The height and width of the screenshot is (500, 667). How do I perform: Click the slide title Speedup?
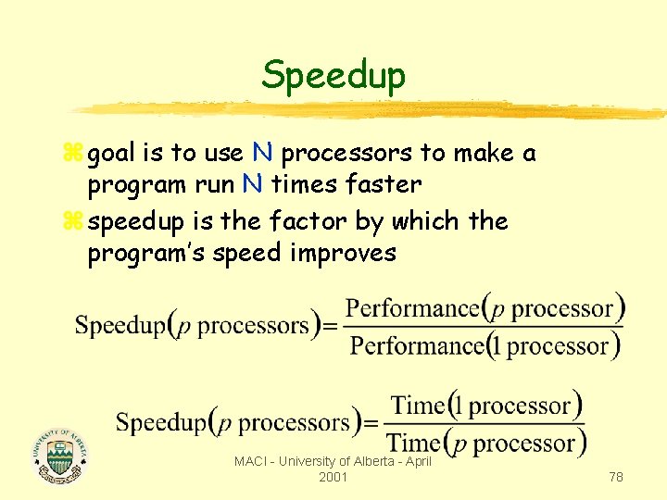[x=333, y=75]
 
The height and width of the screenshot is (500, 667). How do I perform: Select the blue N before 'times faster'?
[x=251, y=184]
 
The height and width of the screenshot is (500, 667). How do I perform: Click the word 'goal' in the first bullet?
[x=112, y=154]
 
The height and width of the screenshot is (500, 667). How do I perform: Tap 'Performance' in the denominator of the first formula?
[x=417, y=346]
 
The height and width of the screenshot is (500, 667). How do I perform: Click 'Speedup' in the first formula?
[x=119, y=326]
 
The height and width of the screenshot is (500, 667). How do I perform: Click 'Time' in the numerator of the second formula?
[x=418, y=406]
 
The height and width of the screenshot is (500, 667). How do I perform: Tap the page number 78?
[x=616, y=476]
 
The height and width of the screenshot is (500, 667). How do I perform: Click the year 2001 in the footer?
[x=333, y=476]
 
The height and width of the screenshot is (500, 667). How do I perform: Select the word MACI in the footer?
[x=251, y=461]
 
